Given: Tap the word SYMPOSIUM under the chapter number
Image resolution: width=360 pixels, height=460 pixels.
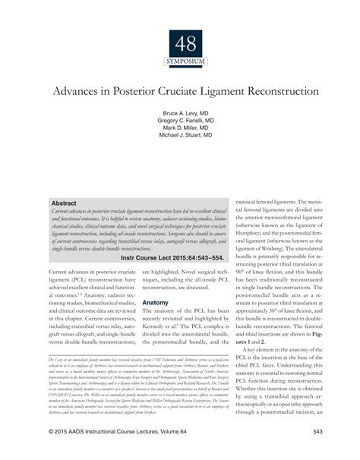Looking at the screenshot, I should click(179, 59).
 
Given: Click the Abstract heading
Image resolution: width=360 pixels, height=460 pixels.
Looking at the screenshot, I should click(65, 204).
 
